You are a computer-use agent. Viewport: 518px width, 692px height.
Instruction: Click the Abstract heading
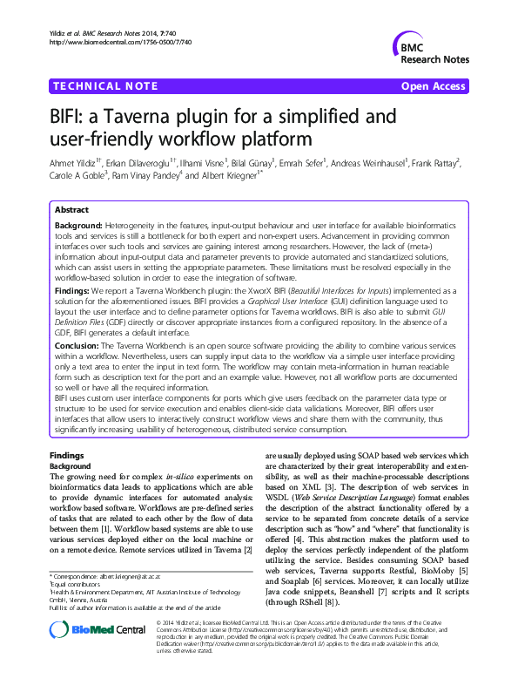tap(71, 210)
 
